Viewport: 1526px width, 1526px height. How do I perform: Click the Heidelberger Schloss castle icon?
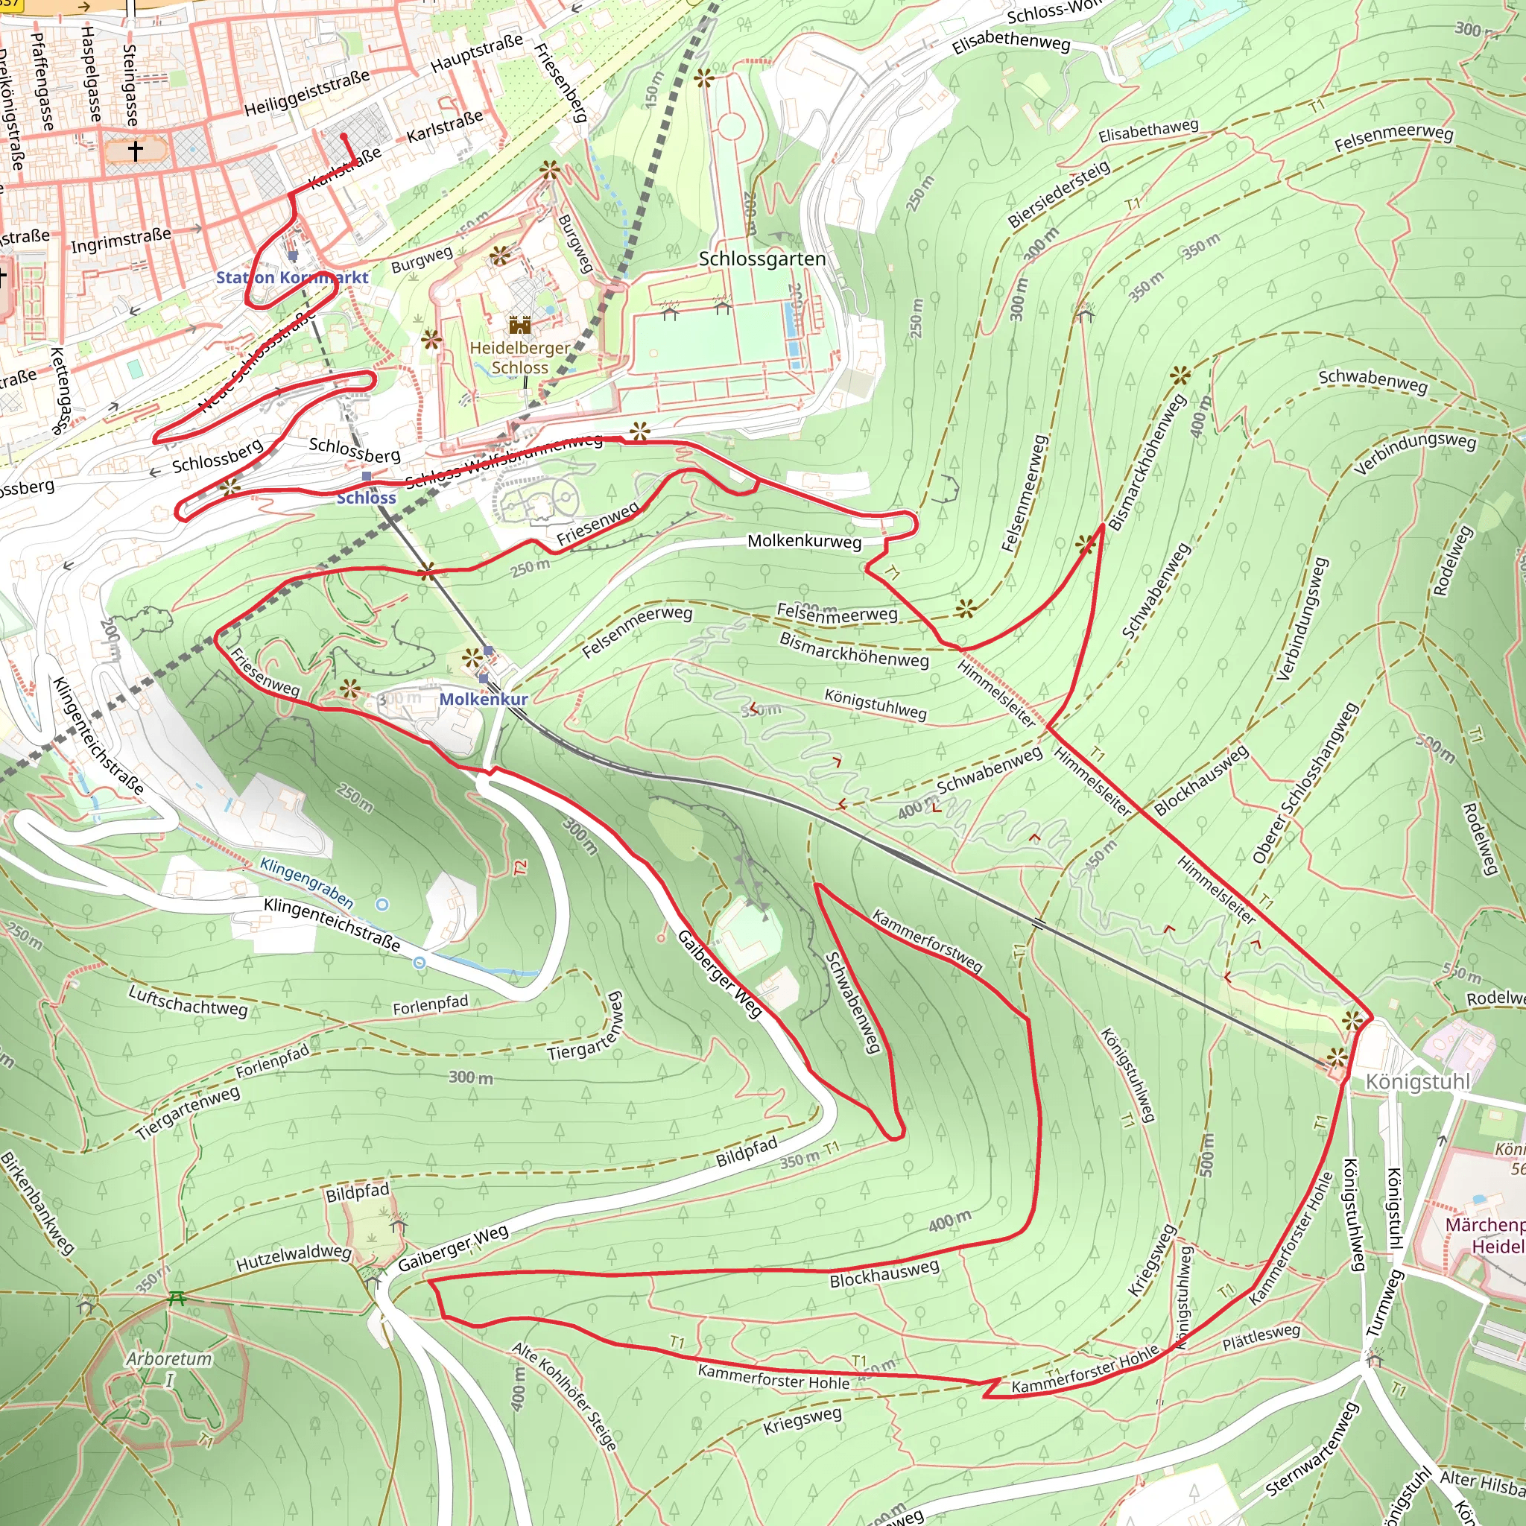(x=520, y=325)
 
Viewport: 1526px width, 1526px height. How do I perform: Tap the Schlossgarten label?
(x=762, y=259)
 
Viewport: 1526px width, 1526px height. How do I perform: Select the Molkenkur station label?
(x=484, y=699)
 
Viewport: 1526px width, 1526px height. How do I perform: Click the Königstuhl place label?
(x=1418, y=1081)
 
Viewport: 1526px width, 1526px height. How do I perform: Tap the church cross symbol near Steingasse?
(x=135, y=150)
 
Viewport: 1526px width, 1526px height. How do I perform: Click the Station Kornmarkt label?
(x=292, y=277)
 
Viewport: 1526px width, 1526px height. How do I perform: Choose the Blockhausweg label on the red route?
(x=884, y=1273)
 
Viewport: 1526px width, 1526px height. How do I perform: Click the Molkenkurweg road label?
(x=804, y=541)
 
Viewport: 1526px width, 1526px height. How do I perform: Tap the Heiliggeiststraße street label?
(x=306, y=93)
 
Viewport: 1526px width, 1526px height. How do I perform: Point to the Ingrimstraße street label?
(x=121, y=240)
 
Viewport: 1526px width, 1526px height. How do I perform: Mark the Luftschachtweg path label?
(x=188, y=1001)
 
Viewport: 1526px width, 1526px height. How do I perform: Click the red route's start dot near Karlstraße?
(x=344, y=136)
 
